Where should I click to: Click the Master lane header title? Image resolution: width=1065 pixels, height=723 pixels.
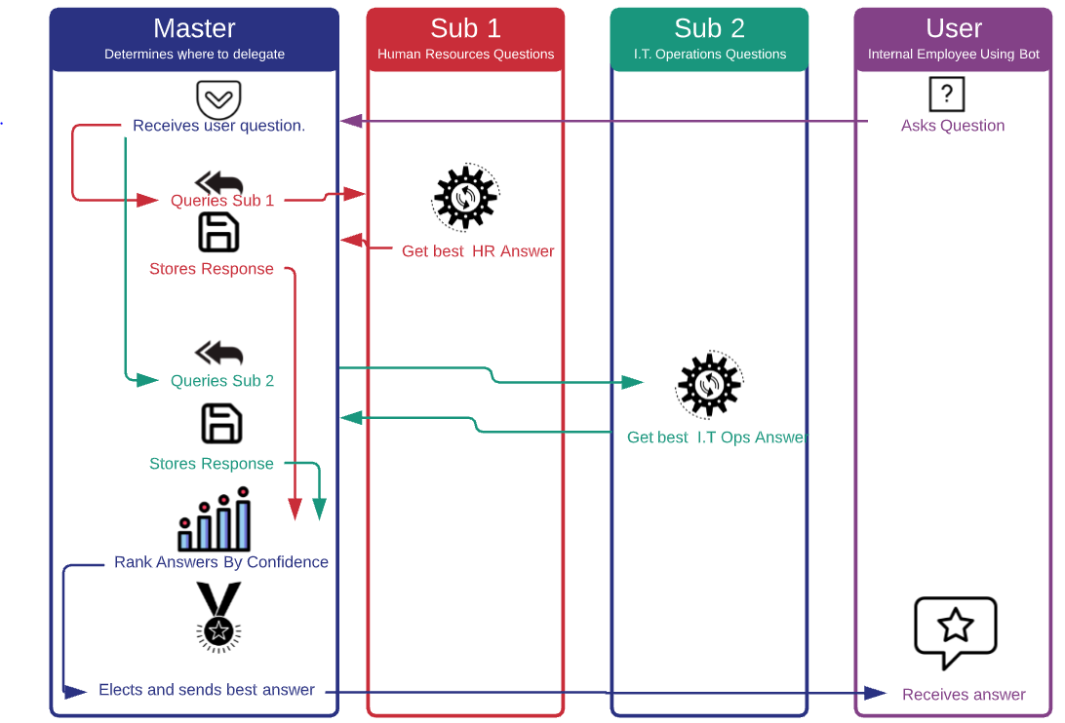pos(194,28)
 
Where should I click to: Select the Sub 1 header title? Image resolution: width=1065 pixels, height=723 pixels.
pos(465,28)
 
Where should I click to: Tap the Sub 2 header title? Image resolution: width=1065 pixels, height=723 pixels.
pos(709,28)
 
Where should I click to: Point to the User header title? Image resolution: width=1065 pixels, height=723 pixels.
pos(953,28)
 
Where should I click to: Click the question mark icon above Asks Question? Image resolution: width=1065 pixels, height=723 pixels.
pos(946,95)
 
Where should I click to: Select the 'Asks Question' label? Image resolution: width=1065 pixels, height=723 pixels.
pos(952,126)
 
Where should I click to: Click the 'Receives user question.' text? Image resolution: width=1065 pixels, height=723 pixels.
pos(218,126)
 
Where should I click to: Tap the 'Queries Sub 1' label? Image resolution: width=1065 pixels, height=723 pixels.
pos(222,201)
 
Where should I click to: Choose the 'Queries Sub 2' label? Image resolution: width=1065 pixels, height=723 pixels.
pos(222,381)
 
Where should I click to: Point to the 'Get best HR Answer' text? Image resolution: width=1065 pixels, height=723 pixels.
pos(478,251)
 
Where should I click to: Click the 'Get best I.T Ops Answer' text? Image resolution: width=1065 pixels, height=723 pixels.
pos(717,438)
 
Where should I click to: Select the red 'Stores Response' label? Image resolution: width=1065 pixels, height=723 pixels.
pos(212,269)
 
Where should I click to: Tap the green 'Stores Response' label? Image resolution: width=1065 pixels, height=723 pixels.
pos(212,464)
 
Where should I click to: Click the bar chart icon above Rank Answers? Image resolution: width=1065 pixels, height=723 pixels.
pos(215,524)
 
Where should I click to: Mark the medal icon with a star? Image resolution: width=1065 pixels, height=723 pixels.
pos(217,616)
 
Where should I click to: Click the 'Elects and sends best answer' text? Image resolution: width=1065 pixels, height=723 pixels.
pos(207,690)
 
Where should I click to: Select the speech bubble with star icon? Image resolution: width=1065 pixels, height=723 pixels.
pos(955,630)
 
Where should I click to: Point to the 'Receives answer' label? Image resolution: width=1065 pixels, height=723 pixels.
pos(964,695)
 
